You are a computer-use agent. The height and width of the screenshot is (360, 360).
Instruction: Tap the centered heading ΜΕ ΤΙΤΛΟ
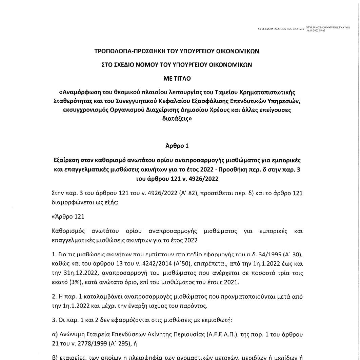(x=177, y=78)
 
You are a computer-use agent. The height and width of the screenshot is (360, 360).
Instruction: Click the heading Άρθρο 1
(x=177, y=146)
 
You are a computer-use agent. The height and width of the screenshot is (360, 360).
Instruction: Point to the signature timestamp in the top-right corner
(x=316, y=31)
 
